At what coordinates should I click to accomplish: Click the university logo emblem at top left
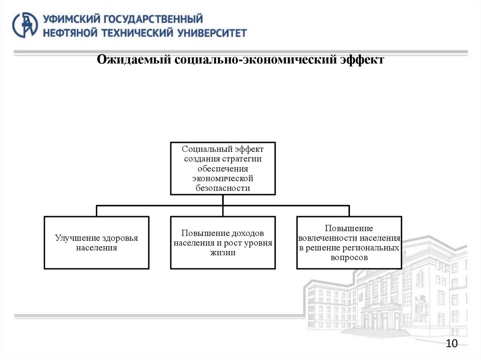pyautogui.click(x=25, y=25)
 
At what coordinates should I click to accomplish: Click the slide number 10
pyautogui.click(x=451, y=344)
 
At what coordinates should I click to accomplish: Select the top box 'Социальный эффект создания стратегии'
pyautogui.click(x=223, y=168)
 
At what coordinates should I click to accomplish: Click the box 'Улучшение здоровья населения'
pyautogui.click(x=96, y=243)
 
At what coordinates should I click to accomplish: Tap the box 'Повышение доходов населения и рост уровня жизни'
pyautogui.click(x=223, y=243)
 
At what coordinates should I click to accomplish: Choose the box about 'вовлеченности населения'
pyautogui.click(x=349, y=243)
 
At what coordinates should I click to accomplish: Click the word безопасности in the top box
pyautogui.click(x=223, y=188)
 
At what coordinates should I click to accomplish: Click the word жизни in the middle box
pyautogui.click(x=223, y=253)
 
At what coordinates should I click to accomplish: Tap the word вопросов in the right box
pyautogui.click(x=349, y=258)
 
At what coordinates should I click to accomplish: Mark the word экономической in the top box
pyautogui.click(x=223, y=178)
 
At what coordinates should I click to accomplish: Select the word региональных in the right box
pyautogui.click(x=371, y=248)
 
